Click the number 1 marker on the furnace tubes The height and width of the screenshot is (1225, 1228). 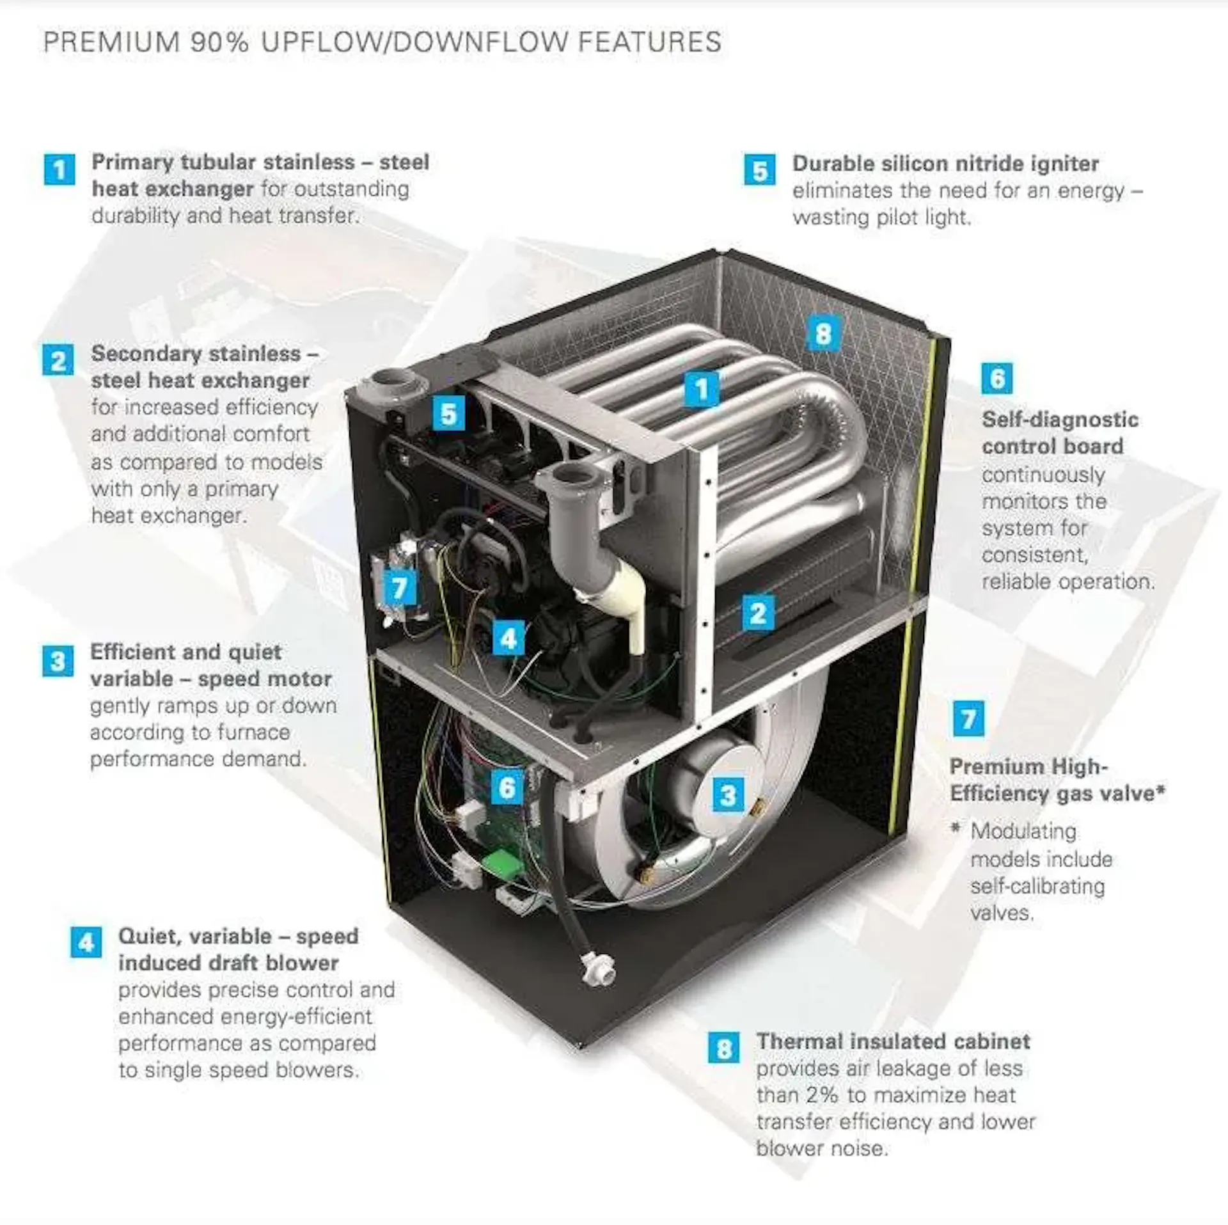click(x=702, y=389)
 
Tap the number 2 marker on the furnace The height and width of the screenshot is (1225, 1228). click(x=758, y=613)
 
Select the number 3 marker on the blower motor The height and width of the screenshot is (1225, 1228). click(x=728, y=796)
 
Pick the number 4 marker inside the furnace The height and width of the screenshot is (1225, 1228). click(x=509, y=638)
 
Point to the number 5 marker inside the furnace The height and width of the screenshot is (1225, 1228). click(x=449, y=414)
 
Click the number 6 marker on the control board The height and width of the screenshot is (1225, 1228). click(x=507, y=787)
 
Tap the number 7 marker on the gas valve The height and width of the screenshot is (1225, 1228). click(x=399, y=587)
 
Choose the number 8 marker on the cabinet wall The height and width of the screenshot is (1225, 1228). click(x=823, y=333)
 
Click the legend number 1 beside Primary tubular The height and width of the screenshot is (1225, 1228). click(x=59, y=170)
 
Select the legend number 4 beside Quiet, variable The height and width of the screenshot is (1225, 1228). click(x=86, y=943)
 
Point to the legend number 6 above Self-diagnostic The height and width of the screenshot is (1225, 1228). click(x=997, y=379)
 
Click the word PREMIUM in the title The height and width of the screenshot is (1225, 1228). click(x=112, y=42)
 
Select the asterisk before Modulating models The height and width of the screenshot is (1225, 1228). click(x=956, y=828)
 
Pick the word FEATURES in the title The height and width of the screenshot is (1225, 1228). click(x=649, y=42)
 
